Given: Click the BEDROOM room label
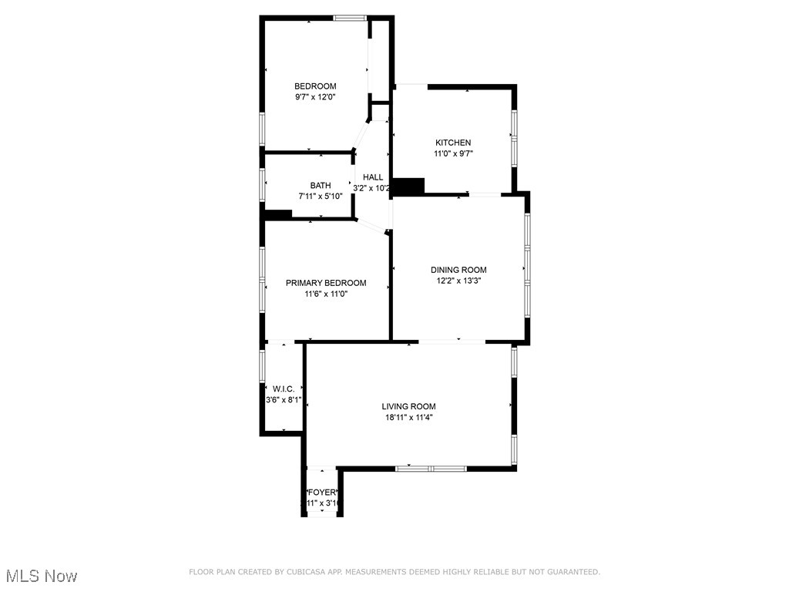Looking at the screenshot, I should click(x=315, y=86).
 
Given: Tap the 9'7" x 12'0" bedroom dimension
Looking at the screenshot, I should click(x=315, y=97).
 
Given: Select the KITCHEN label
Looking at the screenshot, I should click(x=453, y=143).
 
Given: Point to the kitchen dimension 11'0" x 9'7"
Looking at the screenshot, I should click(x=453, y=153).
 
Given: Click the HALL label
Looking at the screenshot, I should click(x=373, y=177).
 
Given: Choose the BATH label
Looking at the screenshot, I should click(x=321, y=185).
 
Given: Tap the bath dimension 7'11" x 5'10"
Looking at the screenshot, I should click(x=321, y=196).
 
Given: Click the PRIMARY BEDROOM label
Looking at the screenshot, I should click(x=326, y=283).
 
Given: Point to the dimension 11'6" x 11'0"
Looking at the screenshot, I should click(x=326, y=294).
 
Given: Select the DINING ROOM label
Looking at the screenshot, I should click(x=458, y=270).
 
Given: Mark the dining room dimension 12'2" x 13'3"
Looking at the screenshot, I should click(x=458, y=281).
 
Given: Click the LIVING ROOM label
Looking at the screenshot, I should click(x=408, y=406).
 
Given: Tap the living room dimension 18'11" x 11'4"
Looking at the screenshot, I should click(x=408, y=417).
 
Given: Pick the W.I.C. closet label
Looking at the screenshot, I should click(x=284, y=388).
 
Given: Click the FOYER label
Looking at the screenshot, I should click(x=321, y=493).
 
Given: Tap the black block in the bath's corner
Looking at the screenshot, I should click(x=277, y=215).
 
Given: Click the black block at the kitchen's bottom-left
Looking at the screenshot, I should click(x=408, y=186).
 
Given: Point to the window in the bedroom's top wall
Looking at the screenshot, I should click(x=350, y=18).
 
